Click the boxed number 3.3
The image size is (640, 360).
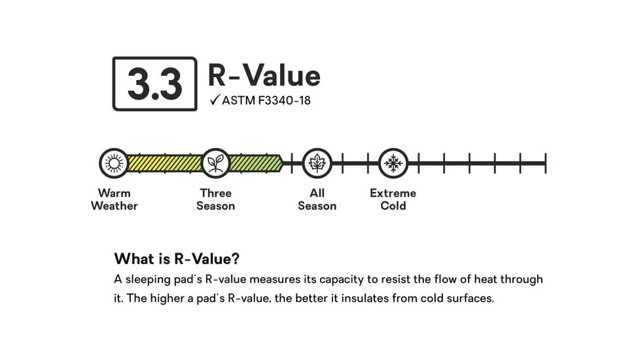(154, 84)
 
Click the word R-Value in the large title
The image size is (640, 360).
(264, 75)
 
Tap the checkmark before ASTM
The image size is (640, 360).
(215, 99)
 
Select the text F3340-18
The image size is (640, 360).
(284, 100)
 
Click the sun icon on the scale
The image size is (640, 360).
(114, 163)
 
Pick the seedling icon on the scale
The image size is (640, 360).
(215, 163)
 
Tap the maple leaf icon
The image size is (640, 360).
(317, 163)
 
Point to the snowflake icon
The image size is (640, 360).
(393, 163)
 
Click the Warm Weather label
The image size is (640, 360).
(115, 199)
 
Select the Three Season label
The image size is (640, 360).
(215, 199)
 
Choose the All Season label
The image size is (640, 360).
(317, 199)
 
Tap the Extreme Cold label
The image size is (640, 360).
(393, 199)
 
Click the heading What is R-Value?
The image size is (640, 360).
(177, 259)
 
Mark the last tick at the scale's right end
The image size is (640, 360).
(545, 163)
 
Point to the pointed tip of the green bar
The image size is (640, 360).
(283, 163)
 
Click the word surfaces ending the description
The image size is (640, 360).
(471, 298)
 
